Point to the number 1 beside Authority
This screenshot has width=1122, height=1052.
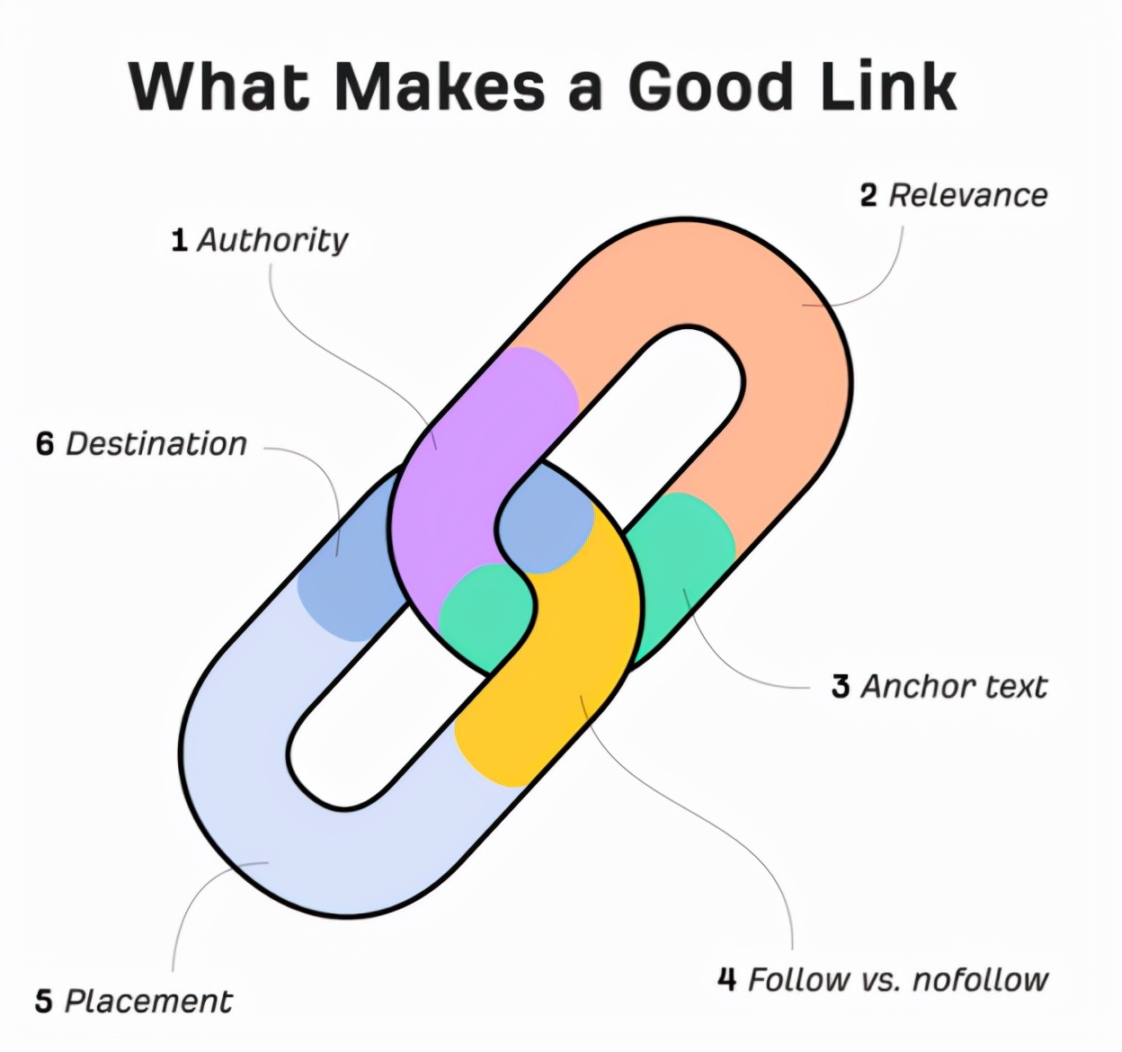point(180,241)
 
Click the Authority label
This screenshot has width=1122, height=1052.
point(272,241)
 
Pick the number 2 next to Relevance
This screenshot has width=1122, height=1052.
point(868,195)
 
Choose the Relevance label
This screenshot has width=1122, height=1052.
point(968,195)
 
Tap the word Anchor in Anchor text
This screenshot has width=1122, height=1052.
point(905,687)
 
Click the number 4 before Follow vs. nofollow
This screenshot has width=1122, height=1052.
point(727,979)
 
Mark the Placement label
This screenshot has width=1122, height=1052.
point(149,1002)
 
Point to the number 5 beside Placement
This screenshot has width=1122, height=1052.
point(44,1002)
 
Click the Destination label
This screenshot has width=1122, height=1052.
point(156,444)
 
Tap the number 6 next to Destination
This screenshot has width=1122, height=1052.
point(45,444)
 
